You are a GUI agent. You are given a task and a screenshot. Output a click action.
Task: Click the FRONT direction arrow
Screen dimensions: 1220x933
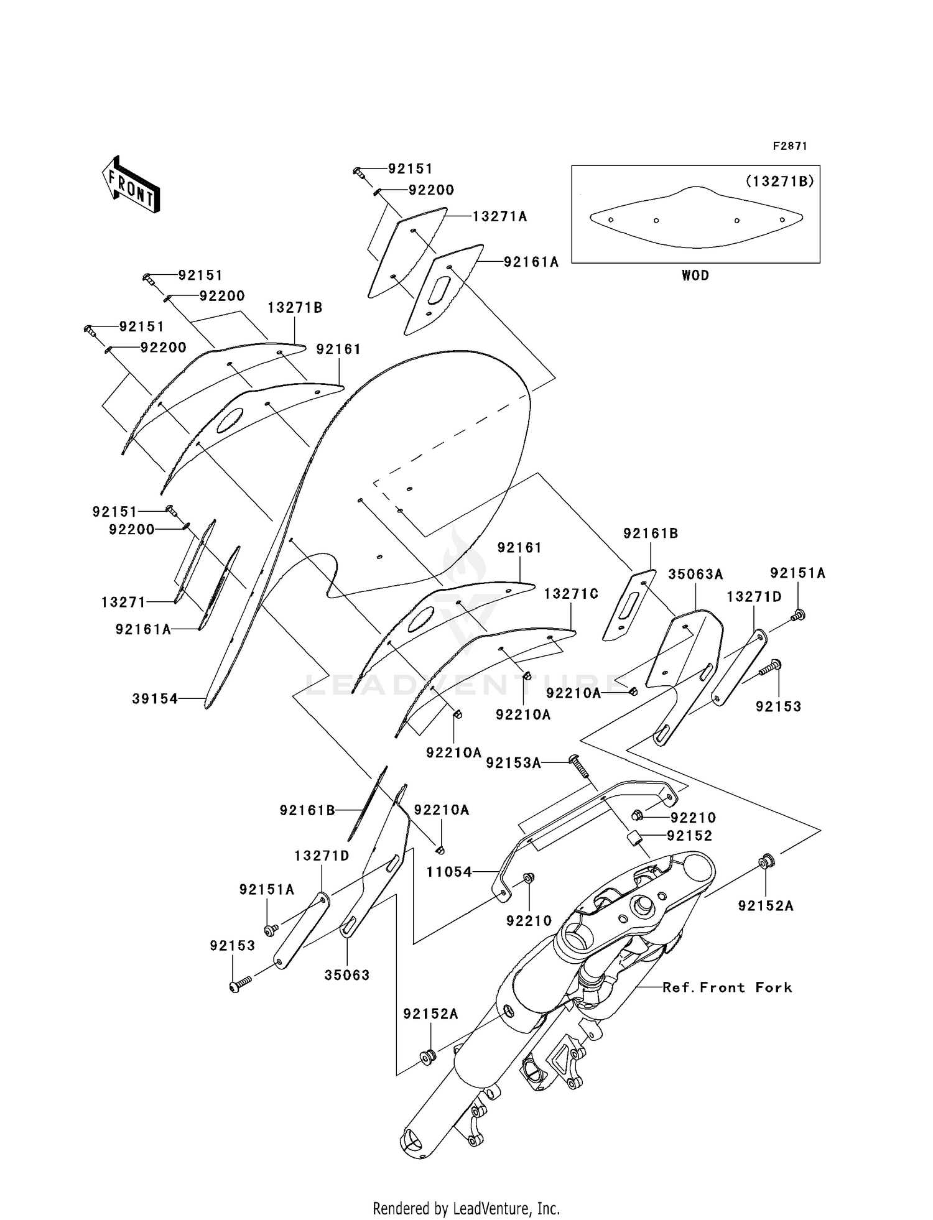[131, 186]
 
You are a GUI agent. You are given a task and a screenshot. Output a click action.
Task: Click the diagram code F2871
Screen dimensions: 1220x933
[789, 146]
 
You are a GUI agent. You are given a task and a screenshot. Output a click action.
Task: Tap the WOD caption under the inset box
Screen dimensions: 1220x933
[695, 275]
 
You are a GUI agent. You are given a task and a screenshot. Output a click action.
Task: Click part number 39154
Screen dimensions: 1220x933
[155, 699]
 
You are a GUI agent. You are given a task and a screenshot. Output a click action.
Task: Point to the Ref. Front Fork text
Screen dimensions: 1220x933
[727, 987]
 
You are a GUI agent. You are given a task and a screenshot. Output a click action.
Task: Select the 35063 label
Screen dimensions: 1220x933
[347, 975]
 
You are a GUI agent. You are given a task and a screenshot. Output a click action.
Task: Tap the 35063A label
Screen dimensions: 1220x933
[695, 574]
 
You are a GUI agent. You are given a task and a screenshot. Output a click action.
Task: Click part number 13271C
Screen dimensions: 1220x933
[571, 594]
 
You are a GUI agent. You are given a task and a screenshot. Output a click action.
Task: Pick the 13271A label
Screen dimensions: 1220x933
[499, 216]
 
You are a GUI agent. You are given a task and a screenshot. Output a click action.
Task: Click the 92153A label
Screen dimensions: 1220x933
[513, 763]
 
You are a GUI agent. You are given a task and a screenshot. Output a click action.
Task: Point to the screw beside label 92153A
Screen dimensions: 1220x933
[581, 767]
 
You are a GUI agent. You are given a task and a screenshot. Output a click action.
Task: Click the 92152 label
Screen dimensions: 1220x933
[689, 836]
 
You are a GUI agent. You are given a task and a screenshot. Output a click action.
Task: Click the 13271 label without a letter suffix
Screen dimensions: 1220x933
[123, 602]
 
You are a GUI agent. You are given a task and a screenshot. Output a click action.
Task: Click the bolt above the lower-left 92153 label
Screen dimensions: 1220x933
[239, 984]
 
